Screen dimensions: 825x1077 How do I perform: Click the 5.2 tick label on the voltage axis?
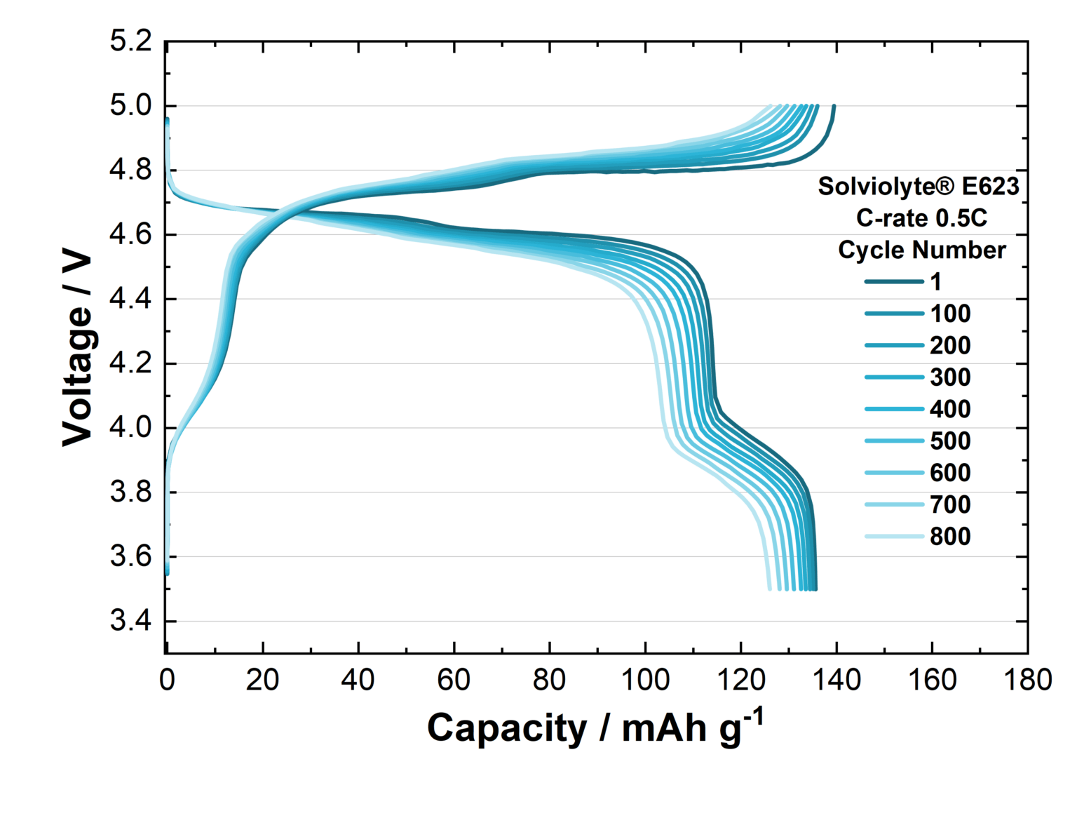pos(130,41)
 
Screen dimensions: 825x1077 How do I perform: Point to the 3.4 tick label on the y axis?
pos(130,621)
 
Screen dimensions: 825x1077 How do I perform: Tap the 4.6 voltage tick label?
pos(130,234)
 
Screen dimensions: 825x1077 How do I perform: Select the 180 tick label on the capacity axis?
pos(1027,680)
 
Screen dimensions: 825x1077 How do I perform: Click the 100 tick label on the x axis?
pos(644,680)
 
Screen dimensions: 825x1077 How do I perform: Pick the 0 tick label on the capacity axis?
pos(166,680)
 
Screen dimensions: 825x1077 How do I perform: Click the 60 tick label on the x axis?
pos(454,680)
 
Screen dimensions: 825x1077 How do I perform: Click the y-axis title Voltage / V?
pos(77,347)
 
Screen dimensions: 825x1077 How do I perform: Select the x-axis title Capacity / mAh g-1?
pos(595,727)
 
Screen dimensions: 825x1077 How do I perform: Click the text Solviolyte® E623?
pos(919,187)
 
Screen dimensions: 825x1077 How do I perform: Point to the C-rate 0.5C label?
pos(921,218)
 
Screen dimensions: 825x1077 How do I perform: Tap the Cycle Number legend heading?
pos(921,250)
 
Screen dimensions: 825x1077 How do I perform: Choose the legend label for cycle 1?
pos(935,282)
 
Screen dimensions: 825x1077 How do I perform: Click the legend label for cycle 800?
pos(950,537)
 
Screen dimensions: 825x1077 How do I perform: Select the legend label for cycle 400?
pos(950,409)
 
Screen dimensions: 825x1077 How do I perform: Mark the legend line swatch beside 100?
pos(894,314)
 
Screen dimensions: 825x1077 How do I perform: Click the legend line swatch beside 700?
pos(894,504)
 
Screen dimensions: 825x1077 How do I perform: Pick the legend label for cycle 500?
pos(950,441)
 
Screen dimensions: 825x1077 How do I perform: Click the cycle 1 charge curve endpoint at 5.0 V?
pos(834,107)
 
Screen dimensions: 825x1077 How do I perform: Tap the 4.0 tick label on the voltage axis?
pos(130,427)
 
